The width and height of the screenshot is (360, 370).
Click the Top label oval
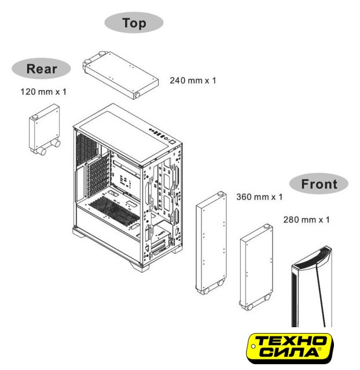coord(134,23)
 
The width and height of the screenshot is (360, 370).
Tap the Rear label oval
coord(41,68)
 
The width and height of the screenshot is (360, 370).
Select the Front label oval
coord(319,184)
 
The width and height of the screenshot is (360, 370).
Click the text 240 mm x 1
coord(193,80)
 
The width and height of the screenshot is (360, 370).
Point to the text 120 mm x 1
coord(43,91)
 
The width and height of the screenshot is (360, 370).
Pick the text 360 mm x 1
coord(259,197)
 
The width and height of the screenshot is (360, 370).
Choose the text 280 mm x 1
coord(306,220)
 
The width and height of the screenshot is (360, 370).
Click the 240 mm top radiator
coord(120,75)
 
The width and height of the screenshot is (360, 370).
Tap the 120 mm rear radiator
coord(45,129)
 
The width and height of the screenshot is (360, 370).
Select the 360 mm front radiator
coord(211,243)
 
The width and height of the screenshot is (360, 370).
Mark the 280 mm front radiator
coord(256,267)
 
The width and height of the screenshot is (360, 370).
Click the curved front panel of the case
coord(312,287)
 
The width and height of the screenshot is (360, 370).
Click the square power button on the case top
coord(172,142)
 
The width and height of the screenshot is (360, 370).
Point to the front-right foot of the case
coord(139,267)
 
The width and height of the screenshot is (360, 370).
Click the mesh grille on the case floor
coord(115,210)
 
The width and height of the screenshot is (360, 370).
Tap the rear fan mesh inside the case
coord(86,148)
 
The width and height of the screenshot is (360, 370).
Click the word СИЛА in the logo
coord(291,353)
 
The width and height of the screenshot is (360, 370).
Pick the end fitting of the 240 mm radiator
coord(137,95)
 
